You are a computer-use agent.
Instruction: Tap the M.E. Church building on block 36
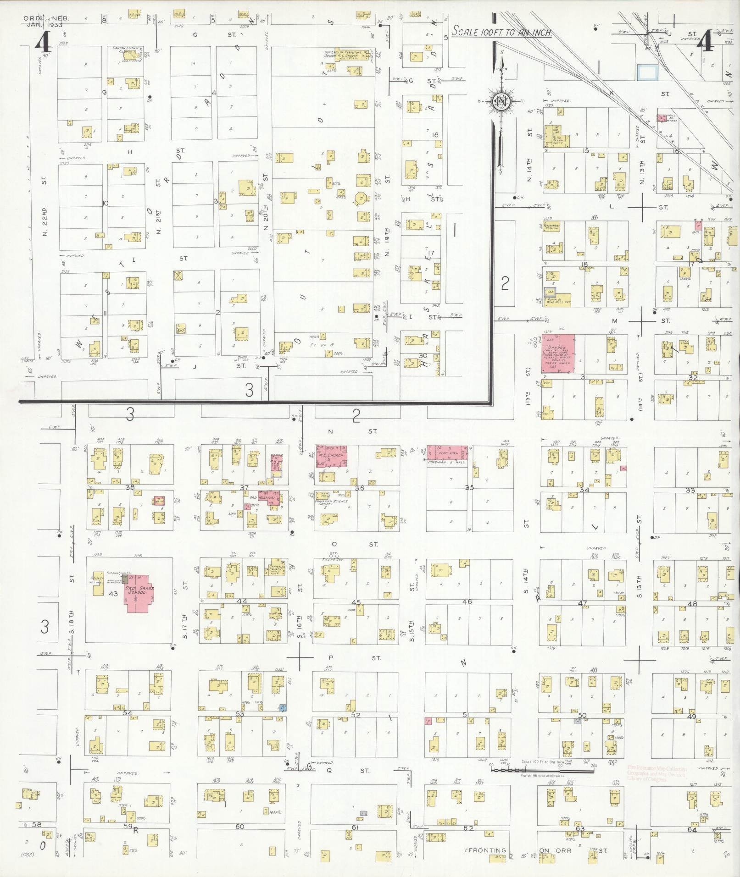[331, 456]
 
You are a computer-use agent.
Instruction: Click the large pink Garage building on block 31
[556, 353]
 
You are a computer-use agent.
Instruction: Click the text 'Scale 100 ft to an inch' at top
[501, 33]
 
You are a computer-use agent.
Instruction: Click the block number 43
[113, 594]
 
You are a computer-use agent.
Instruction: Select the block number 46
[467, 601]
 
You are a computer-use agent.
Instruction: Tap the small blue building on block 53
[283, 708]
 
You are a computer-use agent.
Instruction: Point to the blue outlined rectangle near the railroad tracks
[647, 72]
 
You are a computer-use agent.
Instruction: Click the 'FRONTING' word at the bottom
[487, 850]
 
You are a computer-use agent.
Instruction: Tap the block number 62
[468, 828]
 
